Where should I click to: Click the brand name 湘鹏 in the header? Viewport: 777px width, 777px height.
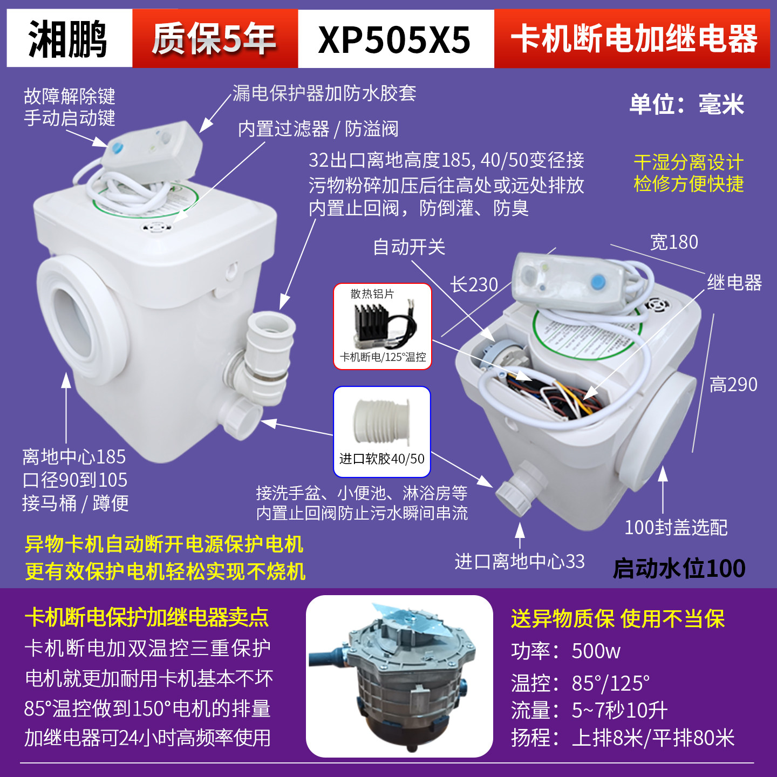coord(69,39)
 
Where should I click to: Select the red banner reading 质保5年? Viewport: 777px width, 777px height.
coord(214,39)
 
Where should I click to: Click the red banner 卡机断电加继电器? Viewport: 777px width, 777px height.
coord(633,39)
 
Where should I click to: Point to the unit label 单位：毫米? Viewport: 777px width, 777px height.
coord(686,104)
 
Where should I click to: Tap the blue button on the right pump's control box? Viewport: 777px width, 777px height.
coord(597,282)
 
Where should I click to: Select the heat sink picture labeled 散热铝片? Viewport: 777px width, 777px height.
coord(383,326)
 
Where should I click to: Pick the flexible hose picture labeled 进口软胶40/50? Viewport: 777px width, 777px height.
coord(381,432)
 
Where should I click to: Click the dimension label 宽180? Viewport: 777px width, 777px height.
coord(674,242)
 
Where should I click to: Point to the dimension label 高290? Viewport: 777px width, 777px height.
coord(733,385)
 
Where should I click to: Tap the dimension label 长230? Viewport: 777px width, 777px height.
coord(474,284)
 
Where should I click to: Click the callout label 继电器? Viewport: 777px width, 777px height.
coord(734,282)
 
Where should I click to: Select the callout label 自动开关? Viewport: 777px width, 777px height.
coord(409,247)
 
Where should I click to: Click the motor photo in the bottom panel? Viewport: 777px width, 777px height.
coord(399,676)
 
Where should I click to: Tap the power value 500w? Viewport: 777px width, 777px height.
coord(596,651)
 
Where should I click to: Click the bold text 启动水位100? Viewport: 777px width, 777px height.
coord(679,569)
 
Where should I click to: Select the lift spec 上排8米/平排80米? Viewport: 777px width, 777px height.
coord(653,738)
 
